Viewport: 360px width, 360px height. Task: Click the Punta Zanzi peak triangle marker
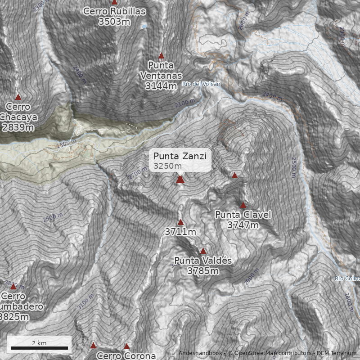180,180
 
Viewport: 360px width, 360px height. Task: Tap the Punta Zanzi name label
180,156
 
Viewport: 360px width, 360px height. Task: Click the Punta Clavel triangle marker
243,205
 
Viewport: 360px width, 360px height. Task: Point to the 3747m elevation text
243,225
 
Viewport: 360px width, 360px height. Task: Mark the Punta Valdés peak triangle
203,251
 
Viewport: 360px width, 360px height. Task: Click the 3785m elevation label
203,271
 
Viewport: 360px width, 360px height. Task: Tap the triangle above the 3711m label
180,222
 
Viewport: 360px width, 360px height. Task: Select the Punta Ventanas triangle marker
162,56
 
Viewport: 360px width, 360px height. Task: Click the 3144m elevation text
161,85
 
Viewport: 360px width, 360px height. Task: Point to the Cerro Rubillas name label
115,11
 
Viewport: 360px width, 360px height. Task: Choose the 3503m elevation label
115,21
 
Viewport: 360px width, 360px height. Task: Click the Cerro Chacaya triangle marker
18,97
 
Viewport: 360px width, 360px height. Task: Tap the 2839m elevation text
18,127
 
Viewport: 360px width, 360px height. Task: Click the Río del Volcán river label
201,84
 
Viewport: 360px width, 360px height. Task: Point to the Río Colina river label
347,279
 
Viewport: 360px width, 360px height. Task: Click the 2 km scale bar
39,348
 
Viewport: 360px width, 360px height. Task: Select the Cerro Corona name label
126,355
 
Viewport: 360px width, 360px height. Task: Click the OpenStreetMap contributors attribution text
270,354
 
